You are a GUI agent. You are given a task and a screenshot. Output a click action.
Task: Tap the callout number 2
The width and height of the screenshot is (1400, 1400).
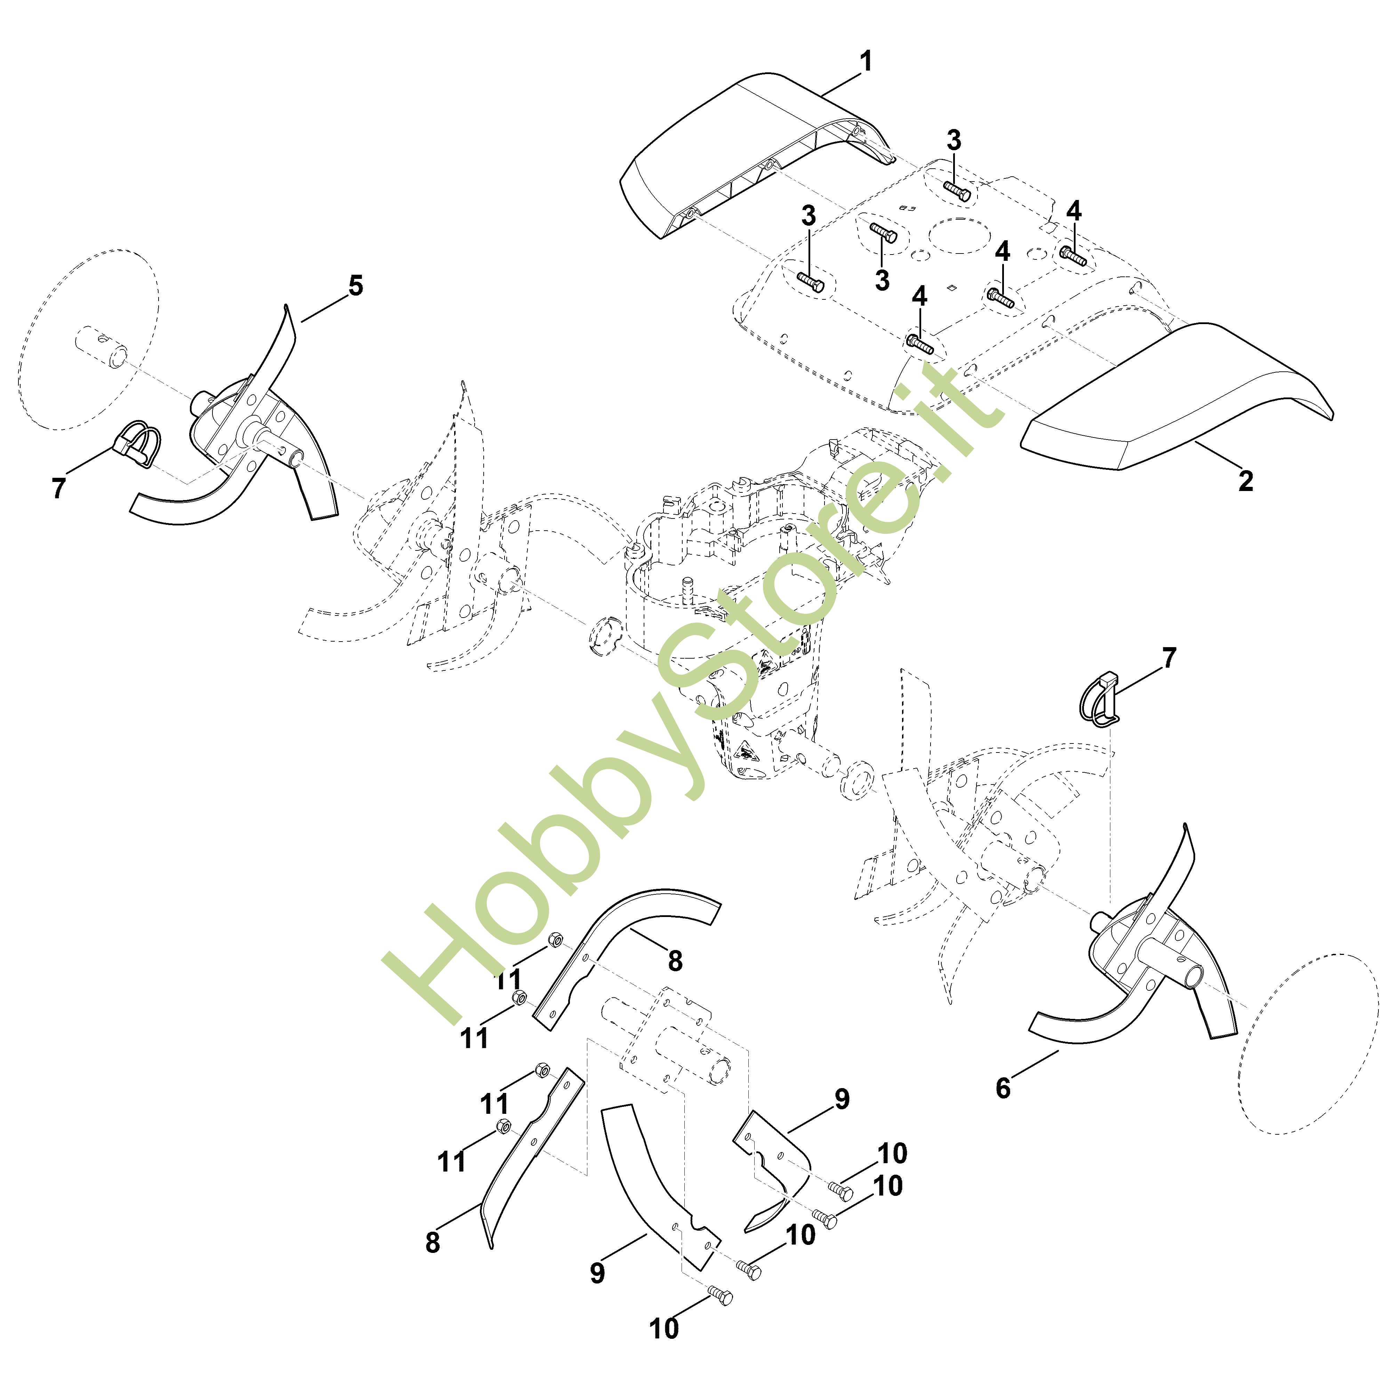click(1245, 481)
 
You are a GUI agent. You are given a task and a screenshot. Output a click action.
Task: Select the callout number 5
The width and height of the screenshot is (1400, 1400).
click(355, 285)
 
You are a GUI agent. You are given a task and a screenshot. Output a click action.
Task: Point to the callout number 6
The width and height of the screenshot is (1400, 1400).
click(1003, 1088)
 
